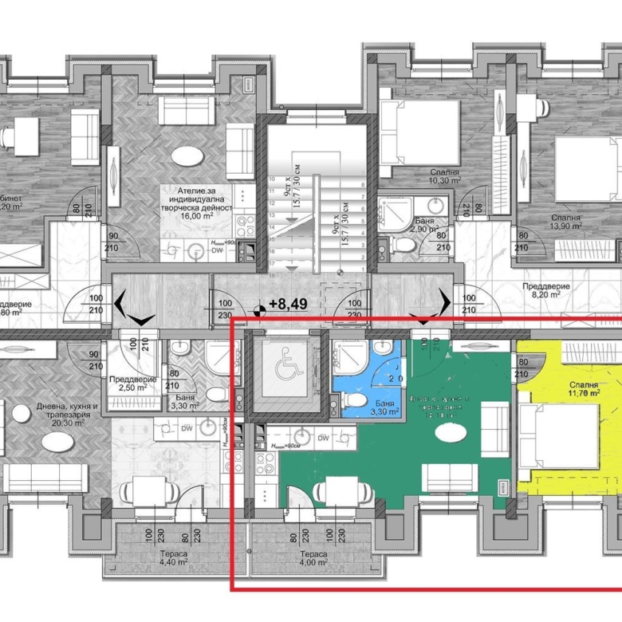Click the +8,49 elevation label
[289, 304]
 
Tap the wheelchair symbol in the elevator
[285, 368]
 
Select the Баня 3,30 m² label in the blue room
[386, 408]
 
